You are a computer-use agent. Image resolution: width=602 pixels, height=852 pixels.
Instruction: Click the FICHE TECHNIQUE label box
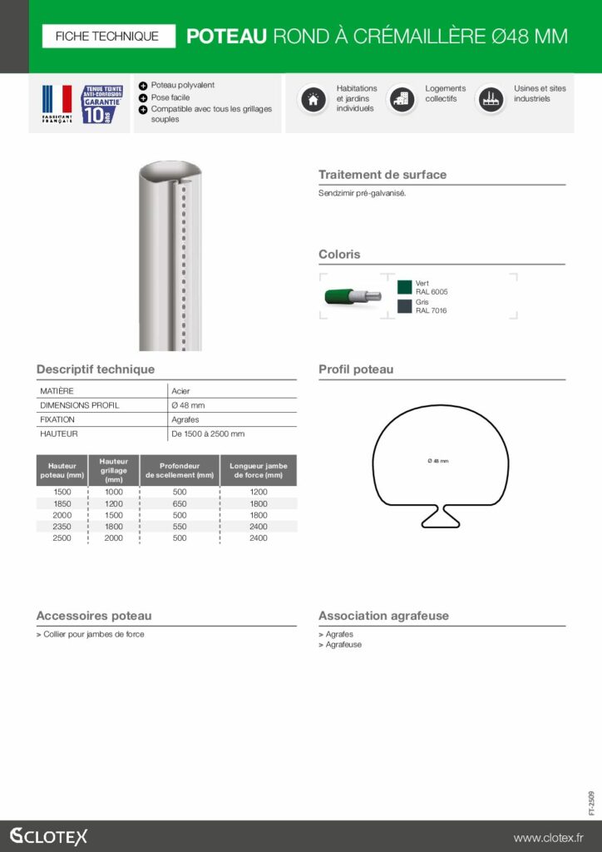(106, 36)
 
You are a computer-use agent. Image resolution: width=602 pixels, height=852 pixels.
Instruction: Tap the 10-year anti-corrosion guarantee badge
(102, 104)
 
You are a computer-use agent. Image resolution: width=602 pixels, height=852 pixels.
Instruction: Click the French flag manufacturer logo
(57, 104)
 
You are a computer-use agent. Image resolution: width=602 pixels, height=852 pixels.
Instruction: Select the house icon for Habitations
(313, 99)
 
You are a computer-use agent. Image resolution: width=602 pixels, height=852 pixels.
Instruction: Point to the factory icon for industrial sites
(491, 99)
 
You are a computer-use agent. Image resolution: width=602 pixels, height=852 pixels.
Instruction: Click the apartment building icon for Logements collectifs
(402, 99)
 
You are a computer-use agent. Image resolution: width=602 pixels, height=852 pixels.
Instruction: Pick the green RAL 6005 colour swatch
(405, 287)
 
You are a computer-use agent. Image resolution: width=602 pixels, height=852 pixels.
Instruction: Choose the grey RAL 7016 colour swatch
(405, 306)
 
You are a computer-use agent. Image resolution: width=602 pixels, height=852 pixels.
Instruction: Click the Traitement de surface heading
(382, 175)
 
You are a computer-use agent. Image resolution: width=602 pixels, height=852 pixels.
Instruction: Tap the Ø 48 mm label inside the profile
(437, 460)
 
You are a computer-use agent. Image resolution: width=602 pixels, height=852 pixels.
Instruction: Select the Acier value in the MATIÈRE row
(180, 390)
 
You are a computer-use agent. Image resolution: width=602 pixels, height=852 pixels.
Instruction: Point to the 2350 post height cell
(62, 527)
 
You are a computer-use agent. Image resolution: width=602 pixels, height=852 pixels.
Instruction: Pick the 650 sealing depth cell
(180, 503)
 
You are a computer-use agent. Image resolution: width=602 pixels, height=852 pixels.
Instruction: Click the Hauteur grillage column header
(113, 470)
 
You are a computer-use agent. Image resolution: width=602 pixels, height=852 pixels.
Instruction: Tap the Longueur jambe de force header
(259, 470)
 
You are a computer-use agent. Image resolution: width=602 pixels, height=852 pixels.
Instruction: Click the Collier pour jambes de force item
(93, 634)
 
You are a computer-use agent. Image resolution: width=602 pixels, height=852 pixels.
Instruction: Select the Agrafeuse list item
(343, 645)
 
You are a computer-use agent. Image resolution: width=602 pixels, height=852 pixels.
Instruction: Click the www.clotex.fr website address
(548, 837)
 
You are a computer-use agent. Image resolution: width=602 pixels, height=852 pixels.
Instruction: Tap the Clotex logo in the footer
(48, 836)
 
